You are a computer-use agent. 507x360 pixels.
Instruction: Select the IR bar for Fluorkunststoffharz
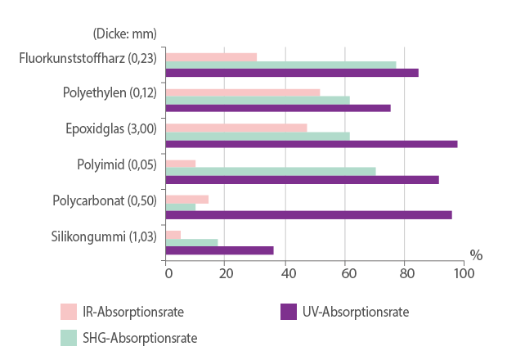pyautogui.click(x=212, y=57)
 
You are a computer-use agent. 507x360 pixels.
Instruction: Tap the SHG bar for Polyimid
pyautogui.click(x=271, y=171)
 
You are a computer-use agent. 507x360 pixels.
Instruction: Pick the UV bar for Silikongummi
pyautogui.click(x=220, y=250)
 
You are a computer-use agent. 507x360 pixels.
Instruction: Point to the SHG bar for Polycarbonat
pyautogui.click(x=181, y=207)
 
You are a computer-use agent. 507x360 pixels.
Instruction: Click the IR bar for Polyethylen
pyautogui.click(x=243, y=92)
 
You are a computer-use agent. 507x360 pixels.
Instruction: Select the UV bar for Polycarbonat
pyautogui.click(x=309, y=215)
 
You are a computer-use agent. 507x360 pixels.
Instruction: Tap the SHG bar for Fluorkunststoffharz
pyautogui.click(x=281, y=65)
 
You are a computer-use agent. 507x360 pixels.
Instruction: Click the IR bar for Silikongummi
pyautogui.click(x=173, y=235)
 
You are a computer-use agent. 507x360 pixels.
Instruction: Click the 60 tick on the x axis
pyautogui.click(x=345, y=273)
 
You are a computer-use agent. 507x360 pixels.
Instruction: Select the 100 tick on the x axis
pyautogui.click(x=464, y=273)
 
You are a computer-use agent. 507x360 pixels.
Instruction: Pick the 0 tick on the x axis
pyautogui.click(x=167, y=273)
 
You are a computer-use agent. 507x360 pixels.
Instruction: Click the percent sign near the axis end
pyautogui.click(x=476, y=255)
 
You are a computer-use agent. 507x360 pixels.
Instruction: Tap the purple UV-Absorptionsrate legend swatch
pyautogui.click(x=288, y=312)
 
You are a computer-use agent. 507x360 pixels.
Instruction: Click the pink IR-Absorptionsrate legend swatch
pyautogui.click(x=69, y=312)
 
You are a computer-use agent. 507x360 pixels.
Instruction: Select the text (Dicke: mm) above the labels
pyautogui.click(x=123, y=34)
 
